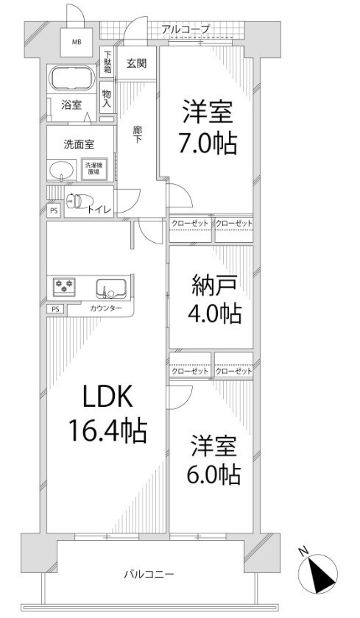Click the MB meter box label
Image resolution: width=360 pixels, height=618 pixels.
(x=77, y=42)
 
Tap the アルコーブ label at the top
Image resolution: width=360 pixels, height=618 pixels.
(x=186, y=29)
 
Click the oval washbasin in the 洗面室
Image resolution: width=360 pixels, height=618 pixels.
(x=62, y=170)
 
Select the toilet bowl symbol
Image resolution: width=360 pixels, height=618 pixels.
(x=75, y=200)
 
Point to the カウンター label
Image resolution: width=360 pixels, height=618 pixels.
(x=106, y=309)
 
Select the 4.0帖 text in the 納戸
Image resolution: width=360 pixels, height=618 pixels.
(x=213, y=314)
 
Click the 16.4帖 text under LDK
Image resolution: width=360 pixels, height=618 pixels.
(x=107, y=430)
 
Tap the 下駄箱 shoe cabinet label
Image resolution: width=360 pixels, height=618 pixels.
(x=107, y=60)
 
